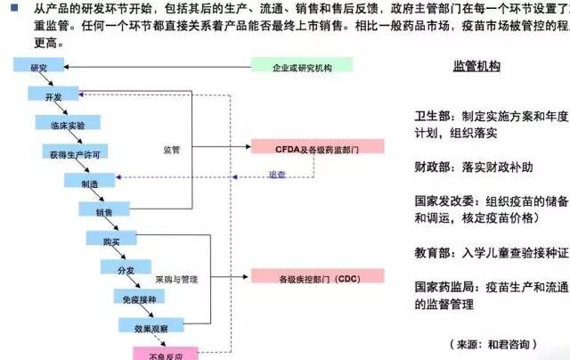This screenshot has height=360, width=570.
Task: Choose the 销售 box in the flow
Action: pyautogui.click(x=103, y=211)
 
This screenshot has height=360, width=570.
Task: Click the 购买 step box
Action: pyautogui.click(x=110, y=240)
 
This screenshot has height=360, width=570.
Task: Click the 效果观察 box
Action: pyautogui.click(x=151, y=326)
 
